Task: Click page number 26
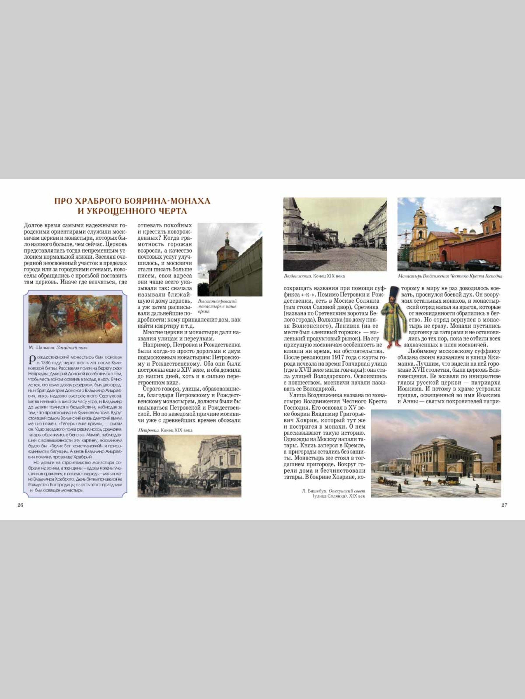tap(20, 505)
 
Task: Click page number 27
tap(504, 505)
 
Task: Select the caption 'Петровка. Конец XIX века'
tap(165, 430)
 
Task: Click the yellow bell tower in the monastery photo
tap(419, 227)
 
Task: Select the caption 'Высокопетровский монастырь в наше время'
tap(217, 306)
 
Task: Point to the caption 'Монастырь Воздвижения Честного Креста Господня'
tap(450, 276)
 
